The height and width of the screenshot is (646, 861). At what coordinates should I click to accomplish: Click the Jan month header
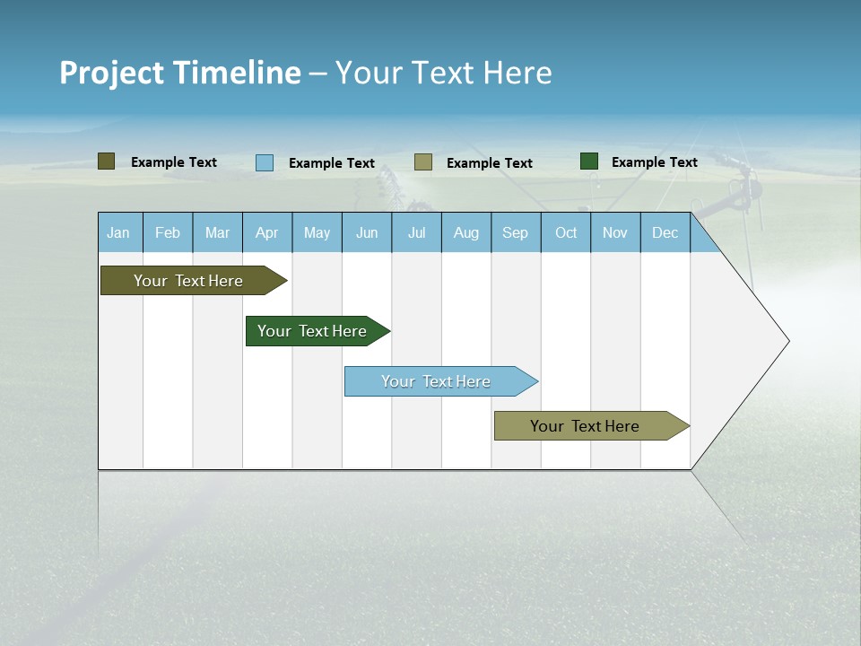point(119,232)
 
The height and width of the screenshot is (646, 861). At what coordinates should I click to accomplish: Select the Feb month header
point(168,232)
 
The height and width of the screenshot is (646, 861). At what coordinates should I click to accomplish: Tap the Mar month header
point(217,232)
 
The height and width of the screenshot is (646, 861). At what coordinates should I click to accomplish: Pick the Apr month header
point(267,232)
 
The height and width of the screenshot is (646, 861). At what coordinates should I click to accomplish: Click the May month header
point(317,232)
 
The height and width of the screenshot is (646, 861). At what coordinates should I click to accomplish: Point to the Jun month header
point(367,232)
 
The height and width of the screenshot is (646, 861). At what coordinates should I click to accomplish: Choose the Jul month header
point(416,232)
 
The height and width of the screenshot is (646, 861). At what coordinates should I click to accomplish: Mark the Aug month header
point(466,232)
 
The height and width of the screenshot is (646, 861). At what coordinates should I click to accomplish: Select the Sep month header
point(516,232)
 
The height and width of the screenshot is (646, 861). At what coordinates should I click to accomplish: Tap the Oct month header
point(566,232)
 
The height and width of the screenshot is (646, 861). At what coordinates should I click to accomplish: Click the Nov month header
point(615,232)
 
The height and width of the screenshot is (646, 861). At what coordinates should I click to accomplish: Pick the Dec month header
point(665,232)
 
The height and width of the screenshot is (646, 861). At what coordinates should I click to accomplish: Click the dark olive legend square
point(107,161)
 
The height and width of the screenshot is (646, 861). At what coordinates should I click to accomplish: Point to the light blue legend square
point(265,162)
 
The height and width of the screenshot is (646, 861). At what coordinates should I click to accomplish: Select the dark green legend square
point(589,161)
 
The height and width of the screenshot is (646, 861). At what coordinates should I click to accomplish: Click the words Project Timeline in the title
point(180,73)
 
